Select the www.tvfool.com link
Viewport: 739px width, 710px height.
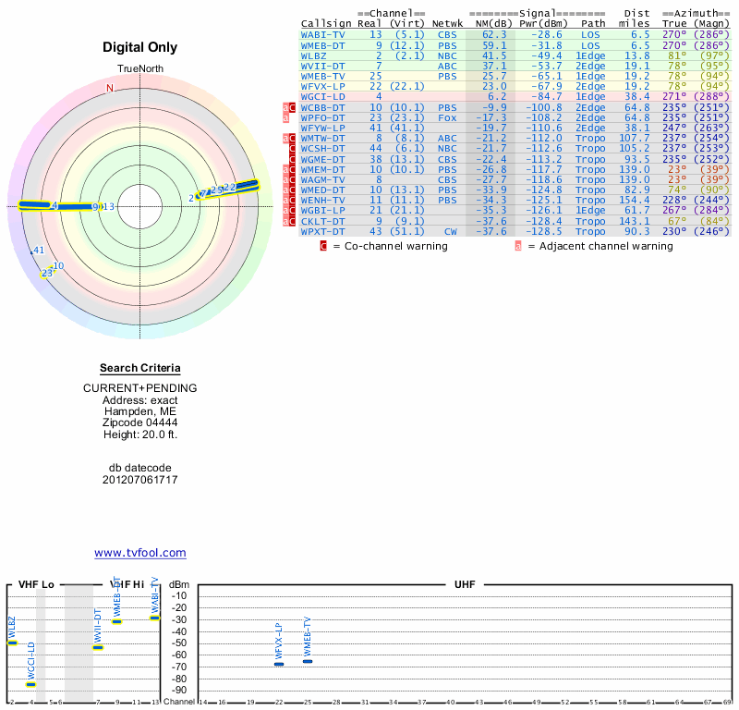pyautogui.click(x=140, y=553)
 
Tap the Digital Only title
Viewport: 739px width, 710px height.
pyautogui.click(x=140, y=47)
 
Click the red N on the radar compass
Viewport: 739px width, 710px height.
pyautogui.click(x=110, y=89)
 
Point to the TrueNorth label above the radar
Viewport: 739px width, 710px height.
pyautogui.click(x=140, y=69)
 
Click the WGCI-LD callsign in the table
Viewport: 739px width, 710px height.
pyautogui.click(x=322, y=96)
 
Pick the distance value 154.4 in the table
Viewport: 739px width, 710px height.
pyautogui.click(x=635, y=200)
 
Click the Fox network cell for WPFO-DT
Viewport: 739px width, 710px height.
pyautogui.click(x=447, y=117)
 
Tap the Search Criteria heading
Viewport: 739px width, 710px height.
pyautogui.click(x=140, y=368)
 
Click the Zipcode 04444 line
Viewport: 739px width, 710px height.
pyautogui.click(x=140, y=422)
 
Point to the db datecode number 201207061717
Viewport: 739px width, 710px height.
pyautogui.click(x=140, y=480)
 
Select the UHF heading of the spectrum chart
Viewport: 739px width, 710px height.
pyautogui.click(x=465, y=585)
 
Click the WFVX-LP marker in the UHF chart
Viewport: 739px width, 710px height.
pyautogui.click(x=279, y=664)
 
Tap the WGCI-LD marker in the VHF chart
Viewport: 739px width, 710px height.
pyautogui.click(x=31, y=684)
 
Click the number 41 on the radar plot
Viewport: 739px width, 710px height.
pyautogui.click(x=39, y=251)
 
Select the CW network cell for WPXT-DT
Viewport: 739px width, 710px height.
pyautogui.click(x=451, y=231)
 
